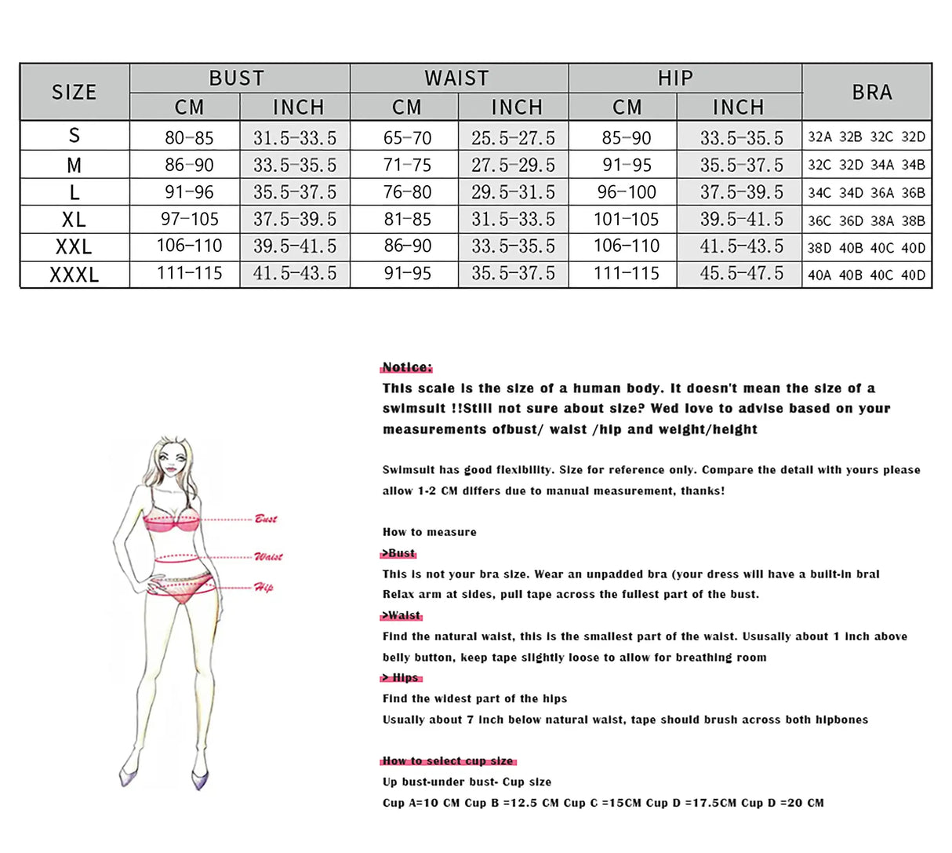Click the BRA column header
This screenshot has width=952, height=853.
pos(871,92)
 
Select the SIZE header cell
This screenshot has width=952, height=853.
pos(74,92)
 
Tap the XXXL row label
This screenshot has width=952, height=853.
pos(74,275)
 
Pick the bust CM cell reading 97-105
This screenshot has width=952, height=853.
pos(189,220)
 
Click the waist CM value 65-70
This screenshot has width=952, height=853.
pos(407,138)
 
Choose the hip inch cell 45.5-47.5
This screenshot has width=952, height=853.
pos(741,274)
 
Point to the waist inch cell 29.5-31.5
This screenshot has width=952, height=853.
pos(513,192)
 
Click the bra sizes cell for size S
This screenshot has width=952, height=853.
pos(867,137)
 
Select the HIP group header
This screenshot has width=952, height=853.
pos(675,78)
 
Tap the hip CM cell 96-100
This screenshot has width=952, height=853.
pos(627,192)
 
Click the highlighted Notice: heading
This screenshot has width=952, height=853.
pos(406,367)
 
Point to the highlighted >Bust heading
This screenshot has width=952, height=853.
pos(398,552)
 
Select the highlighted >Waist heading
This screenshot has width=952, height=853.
pos(402,615)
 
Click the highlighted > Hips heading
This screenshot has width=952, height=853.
pos(402,677)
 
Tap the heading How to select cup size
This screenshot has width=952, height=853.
pos(448,760)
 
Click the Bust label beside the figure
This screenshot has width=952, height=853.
pos(266,519)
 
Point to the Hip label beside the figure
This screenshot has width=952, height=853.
pos(263,587)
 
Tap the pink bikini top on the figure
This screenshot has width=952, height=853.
pos(173,521)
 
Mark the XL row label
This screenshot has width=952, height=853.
pos(74,220)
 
